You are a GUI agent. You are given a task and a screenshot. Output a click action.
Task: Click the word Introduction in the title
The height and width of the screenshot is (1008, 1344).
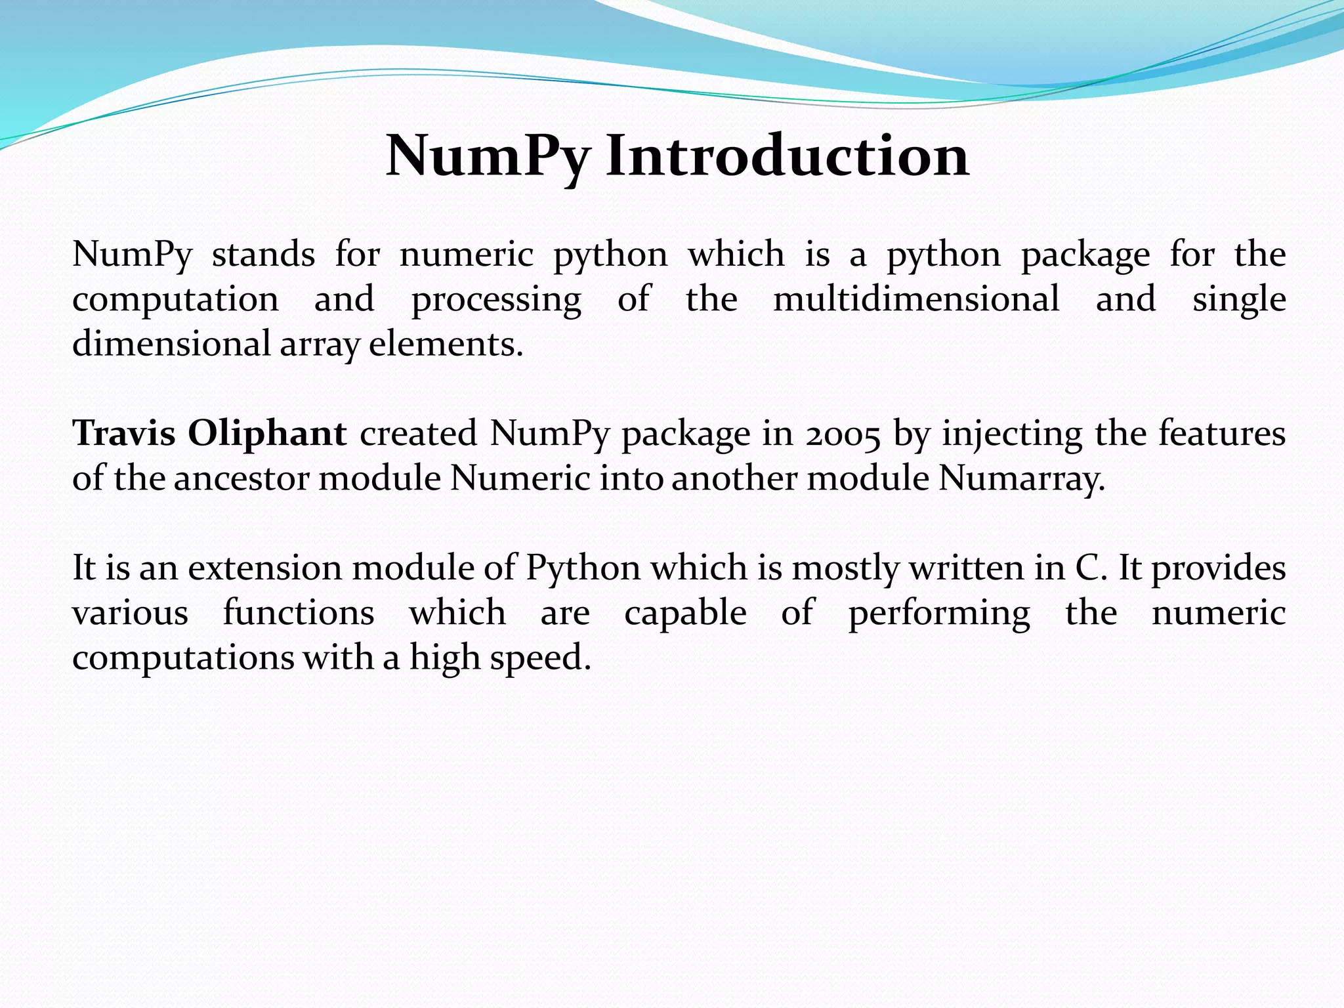pyautogui.click(x=787, y=156)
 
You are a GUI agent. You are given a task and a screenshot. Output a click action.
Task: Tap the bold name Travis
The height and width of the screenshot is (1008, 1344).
pyautogui.click(x=123, y=433)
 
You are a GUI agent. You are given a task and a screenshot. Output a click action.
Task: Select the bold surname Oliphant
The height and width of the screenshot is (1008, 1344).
pyautogui.click(x=267, y=434)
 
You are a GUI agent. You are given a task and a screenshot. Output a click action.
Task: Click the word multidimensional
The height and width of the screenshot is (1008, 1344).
pyautogui.click(x=916, y=299)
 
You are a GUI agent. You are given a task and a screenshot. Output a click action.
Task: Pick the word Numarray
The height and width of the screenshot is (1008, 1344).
pyautogui.click(x=1022, y=478)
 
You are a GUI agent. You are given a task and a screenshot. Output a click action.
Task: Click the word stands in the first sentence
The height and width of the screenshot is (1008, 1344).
pyautogui.click(x=263, y=254)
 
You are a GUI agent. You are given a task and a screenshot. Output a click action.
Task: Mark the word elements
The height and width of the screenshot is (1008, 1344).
pyautogui.click(x=446, y=344)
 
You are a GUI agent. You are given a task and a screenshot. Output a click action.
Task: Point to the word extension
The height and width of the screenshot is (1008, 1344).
pyautogui.click(x=265, y=568)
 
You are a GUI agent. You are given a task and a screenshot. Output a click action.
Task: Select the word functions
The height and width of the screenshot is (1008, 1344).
pyautogui.click(x=299, y=613)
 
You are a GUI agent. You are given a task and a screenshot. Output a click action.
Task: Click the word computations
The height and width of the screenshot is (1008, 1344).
pyautogui.click(x=183, y=658)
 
